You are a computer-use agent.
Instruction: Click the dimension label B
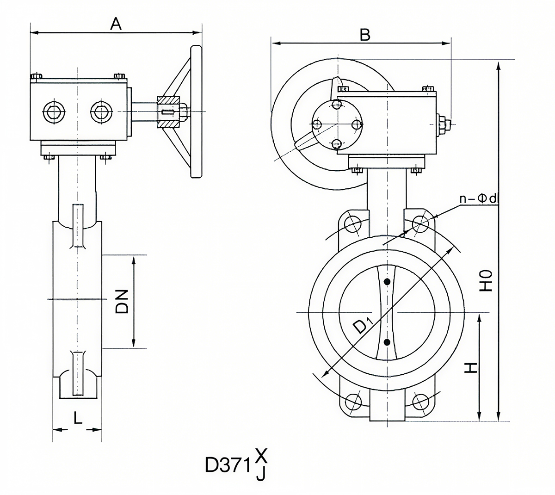pyautogui.click(x=365, y=35)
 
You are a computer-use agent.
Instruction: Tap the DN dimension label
pyautogui.click(x=122, y=302)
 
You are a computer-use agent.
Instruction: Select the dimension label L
pyautogui.click(x=78, y=418)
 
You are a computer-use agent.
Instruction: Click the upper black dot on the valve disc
pyautogui.click(x=387, y=281)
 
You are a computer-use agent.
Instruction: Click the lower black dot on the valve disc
pyautogui.click(x=387, y=342)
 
